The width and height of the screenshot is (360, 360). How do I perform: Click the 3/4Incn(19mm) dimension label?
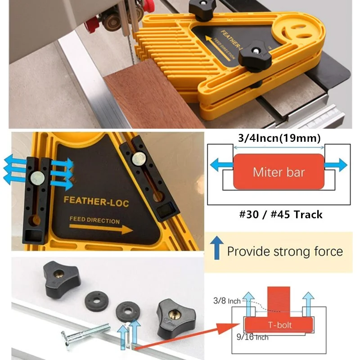(x=279, y=138)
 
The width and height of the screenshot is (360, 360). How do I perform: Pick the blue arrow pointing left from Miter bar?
(x=222, y=165)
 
